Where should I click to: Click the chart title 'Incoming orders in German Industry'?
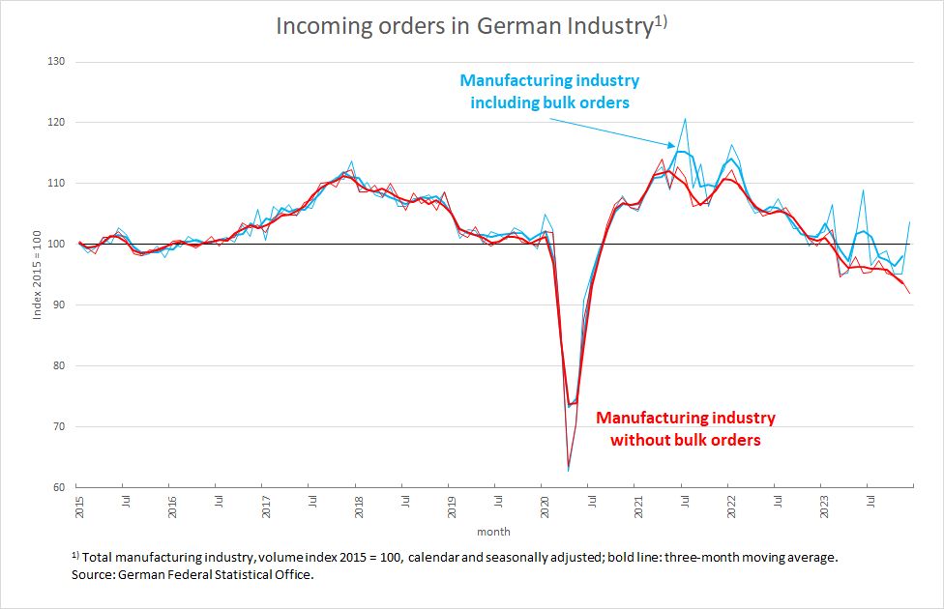point(462,26)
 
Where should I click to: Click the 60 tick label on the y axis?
point(58,487)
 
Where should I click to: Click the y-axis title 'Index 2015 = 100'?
point(38,275)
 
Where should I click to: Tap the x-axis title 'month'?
point(493,532)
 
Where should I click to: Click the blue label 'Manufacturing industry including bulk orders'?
point(549,91)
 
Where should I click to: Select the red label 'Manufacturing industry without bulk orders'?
point(685,428)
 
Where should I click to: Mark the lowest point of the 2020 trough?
point(569,471)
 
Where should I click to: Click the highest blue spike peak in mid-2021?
point(685,119)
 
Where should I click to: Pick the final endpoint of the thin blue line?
point(910,222)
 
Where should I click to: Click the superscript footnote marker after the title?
point(661,18)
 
